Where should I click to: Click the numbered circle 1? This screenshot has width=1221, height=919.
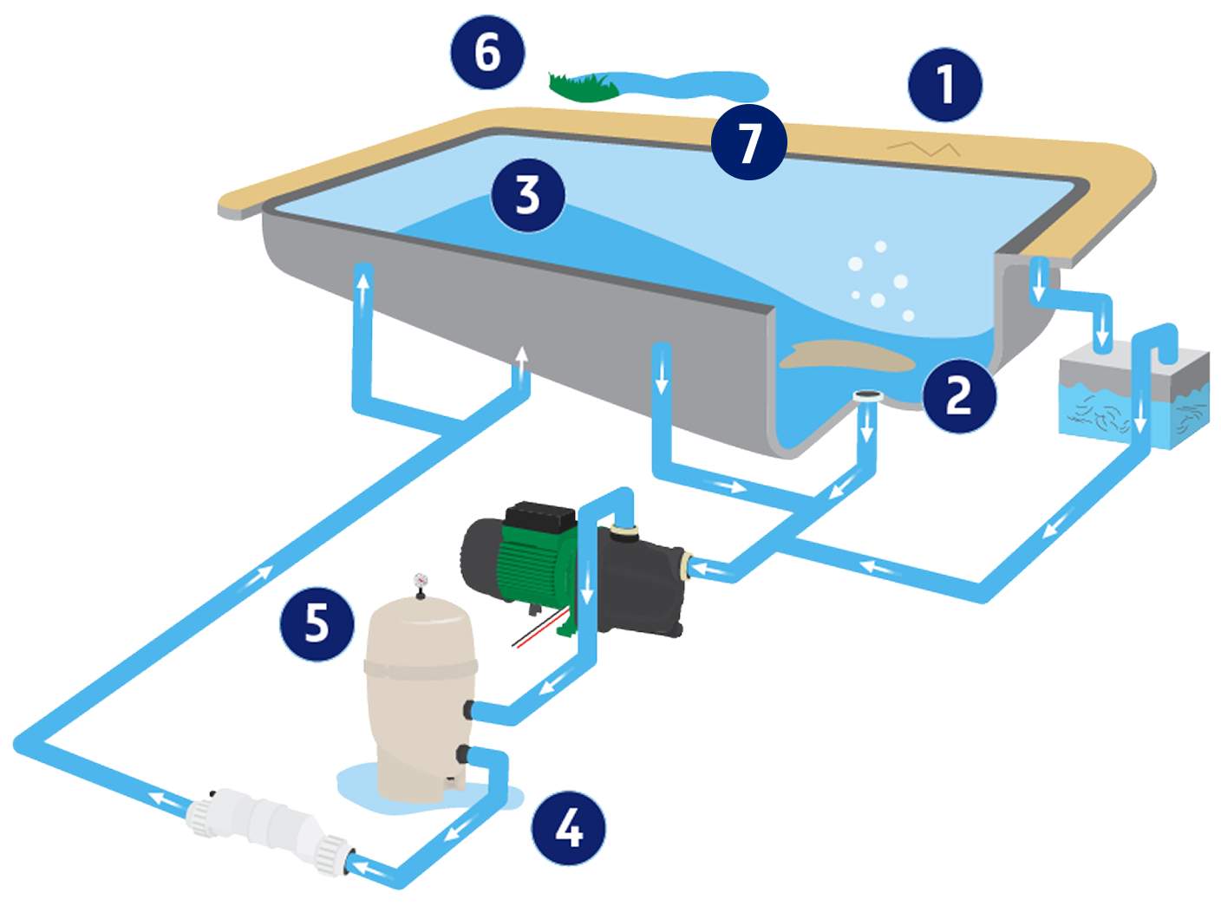click(944, 84)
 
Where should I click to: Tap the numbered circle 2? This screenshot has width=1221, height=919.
click(958, 394)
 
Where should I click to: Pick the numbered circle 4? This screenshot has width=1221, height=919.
click(568, 828)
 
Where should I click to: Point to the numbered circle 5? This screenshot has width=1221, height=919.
click(317, 622)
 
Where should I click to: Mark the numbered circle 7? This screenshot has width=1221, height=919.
click(748, 142)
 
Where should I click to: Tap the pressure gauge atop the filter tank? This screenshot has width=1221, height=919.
click(421, 580)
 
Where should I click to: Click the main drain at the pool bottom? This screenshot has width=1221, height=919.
click(866, 397)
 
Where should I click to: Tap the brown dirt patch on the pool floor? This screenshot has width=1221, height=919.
click(846, 356)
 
